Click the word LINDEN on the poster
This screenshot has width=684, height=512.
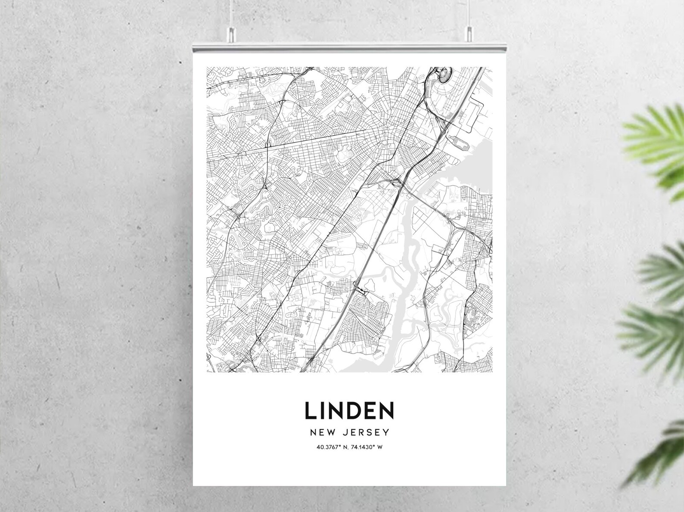coord(349,411)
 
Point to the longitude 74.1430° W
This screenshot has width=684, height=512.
coord(367,447)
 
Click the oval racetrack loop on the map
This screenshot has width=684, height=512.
coord(443,75)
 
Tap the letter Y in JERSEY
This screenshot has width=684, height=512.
coord(386,432)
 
